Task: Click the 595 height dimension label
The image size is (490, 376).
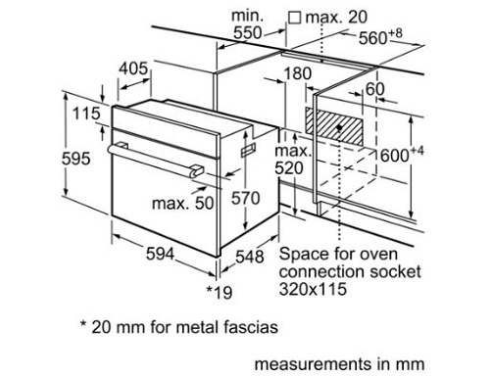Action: pyautogui.click(x=75, y=159)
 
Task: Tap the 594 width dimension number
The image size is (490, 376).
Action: pyautogui.click(x=160, y=254)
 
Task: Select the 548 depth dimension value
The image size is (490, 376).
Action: pyautogui.click(x=250, y=257)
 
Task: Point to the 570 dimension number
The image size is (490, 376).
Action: pyautogui.click(x=246, y=198)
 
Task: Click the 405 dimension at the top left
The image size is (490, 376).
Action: pyautogui.click(x=133, y=69)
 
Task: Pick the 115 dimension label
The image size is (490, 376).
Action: pyautogui.click(x=86, y=114)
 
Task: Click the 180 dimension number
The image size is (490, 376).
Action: pyautogui.click(x=298, y=73)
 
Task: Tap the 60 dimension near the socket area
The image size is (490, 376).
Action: pyautogui.click(x=375, y=89)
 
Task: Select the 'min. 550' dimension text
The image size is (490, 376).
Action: pyautogui.click(x=247, y=24)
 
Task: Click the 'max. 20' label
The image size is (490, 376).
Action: pyautogui.click(x=336, y=18)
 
